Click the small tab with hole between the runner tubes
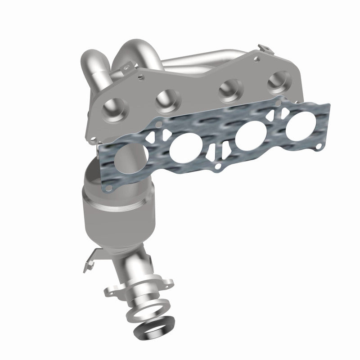(x=130, y=67)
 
